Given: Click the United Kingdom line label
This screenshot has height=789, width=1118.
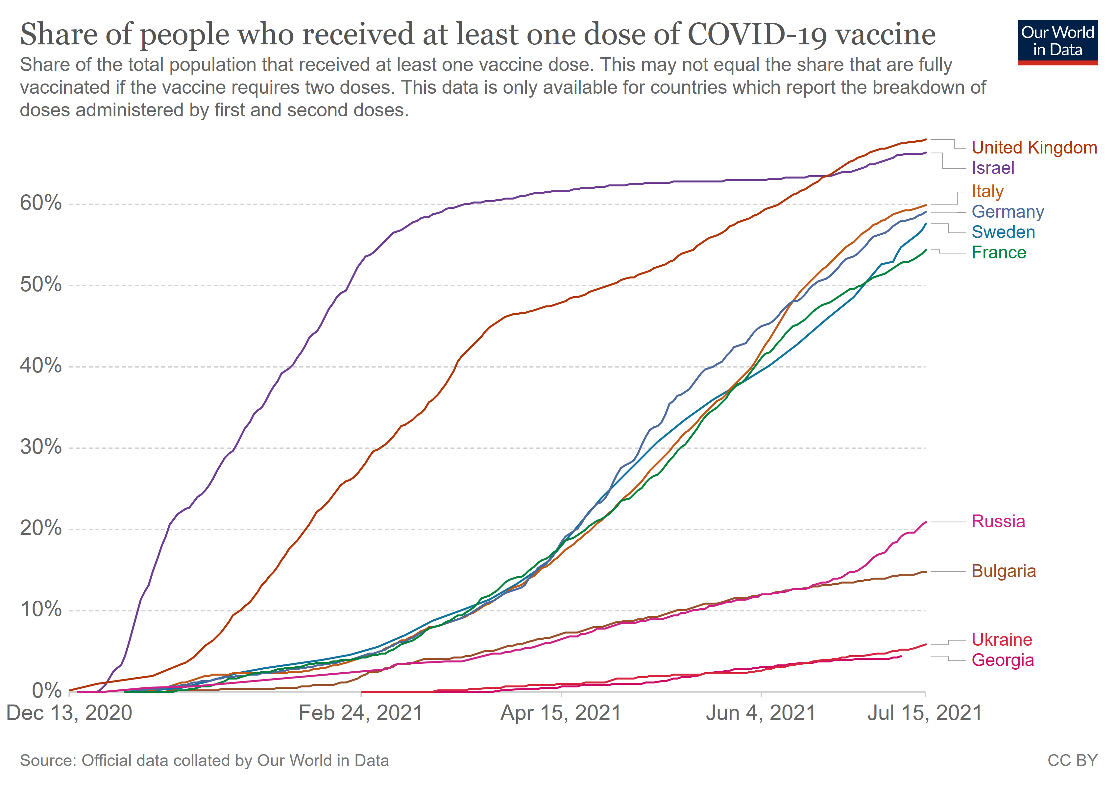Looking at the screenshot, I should tap(1034, 148).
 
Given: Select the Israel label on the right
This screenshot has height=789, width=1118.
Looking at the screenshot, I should tap(993, 168).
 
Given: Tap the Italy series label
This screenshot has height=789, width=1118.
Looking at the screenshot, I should tap(987, 191).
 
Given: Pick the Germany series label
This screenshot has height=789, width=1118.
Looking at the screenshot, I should tap(1008, 212).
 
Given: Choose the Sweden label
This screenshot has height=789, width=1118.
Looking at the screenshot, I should tap(1003, 232).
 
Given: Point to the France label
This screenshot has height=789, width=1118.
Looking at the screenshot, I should tap(999, 252).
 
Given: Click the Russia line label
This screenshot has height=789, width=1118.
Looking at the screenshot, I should tap(998, 521).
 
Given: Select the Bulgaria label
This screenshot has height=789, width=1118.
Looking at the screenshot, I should tap(1004, 571).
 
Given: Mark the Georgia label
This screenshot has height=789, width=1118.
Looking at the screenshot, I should tap(1003, 660).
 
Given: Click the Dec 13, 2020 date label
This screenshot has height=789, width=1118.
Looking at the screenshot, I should tap(69, 713).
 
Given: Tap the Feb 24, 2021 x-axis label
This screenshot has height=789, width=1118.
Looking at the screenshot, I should tap(360, 713).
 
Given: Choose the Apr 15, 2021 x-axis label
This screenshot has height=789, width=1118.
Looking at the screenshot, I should tap(561, 713).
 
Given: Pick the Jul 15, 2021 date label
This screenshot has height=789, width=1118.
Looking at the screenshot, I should tap(925, 713).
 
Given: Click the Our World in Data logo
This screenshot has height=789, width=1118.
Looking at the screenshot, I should tap(1057, 42).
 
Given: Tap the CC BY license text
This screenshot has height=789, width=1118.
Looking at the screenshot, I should tap(1072, 761).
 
